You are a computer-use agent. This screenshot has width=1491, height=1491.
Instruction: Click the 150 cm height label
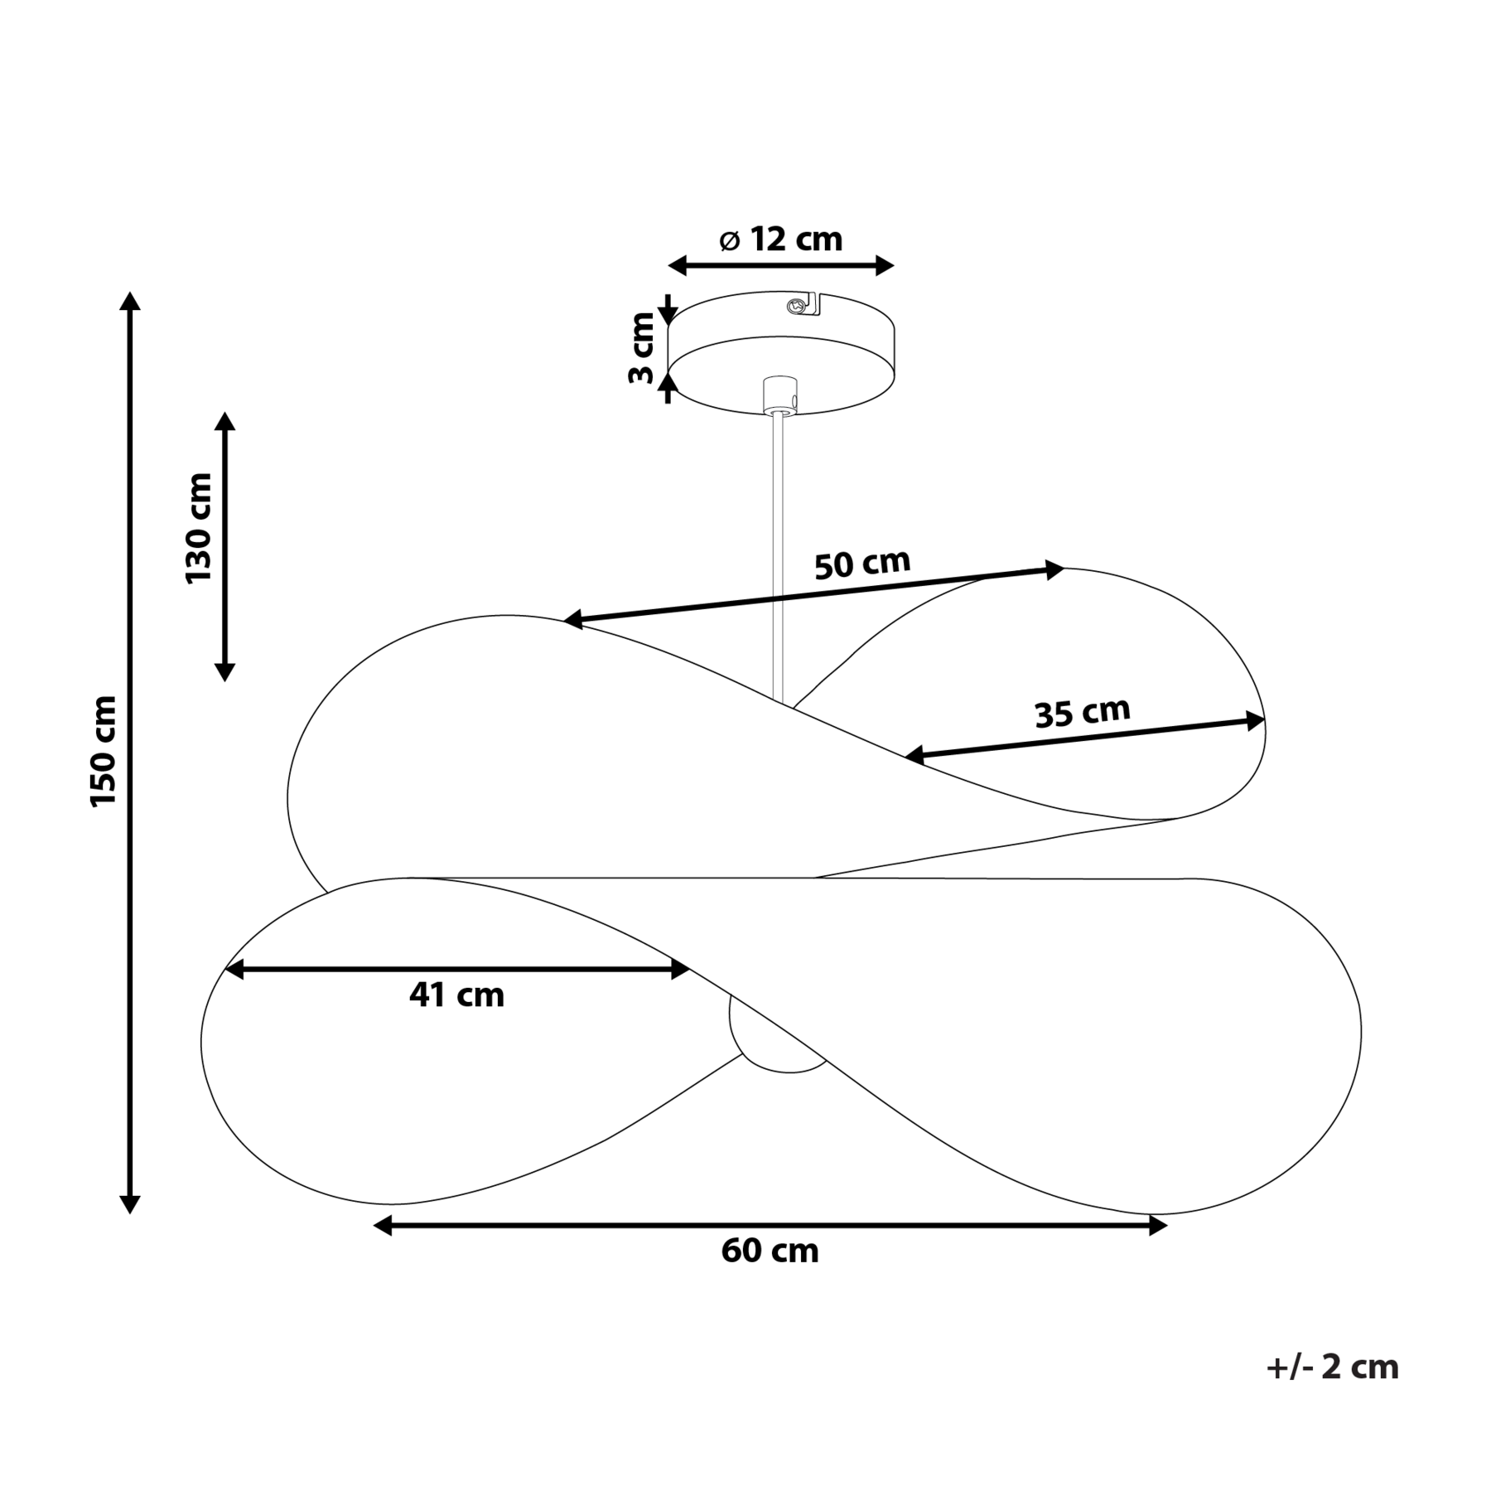pos(104,751)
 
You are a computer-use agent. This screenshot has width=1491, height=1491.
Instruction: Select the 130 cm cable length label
pos(199,529)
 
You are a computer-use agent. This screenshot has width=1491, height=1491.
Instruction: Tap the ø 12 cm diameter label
pos(781,240)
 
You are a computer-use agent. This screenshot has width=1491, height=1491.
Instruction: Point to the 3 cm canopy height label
pos(641,348)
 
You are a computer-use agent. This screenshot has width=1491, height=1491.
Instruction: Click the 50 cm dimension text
pos(862,564)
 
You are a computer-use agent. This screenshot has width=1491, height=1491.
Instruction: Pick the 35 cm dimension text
pos(1083,712)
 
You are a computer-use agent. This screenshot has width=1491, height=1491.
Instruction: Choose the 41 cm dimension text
pos(456,995)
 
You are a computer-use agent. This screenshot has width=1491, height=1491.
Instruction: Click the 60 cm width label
pos(770,1251)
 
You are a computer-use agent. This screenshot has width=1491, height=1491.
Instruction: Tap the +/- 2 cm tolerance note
pos(1332,1367)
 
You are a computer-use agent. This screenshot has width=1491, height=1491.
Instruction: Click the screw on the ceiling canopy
pos(797,305)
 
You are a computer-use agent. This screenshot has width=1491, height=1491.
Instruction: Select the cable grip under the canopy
pos(779,395)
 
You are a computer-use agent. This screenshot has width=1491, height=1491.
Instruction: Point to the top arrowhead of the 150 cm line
pos(129,300)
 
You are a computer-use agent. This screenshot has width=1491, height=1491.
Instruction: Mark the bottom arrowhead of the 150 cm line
pos(129,1204)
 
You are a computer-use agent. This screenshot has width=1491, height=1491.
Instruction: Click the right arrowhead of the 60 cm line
pos(1158,1226)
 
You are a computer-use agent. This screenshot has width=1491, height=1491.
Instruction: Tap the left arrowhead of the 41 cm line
pos(234,970)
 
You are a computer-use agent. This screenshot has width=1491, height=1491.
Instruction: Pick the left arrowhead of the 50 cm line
pos(574,619)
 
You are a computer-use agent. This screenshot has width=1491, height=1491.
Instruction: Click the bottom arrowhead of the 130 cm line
pos(224,671)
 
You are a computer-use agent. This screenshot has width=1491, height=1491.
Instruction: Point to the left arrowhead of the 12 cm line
pos(678,266)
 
